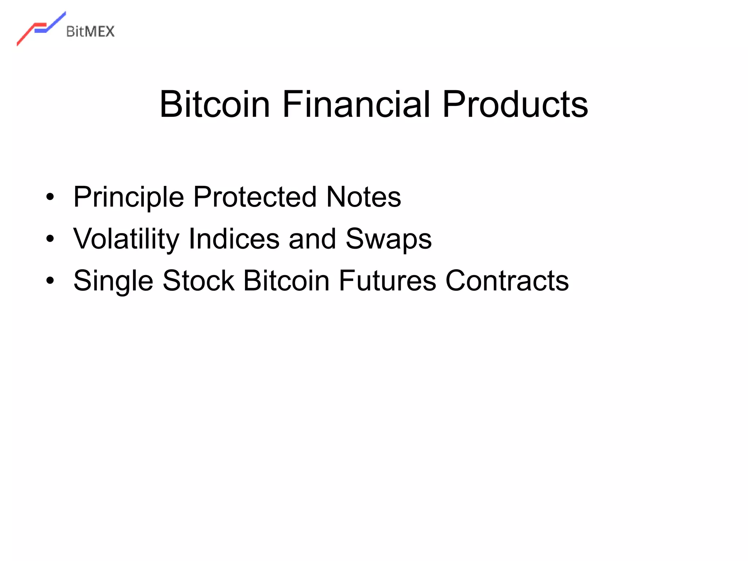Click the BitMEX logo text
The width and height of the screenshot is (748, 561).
[x=90, y=32]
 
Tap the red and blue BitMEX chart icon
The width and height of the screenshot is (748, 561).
[x=41, y=28]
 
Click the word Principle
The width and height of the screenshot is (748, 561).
[x=129, y=197]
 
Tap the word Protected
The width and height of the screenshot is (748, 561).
[x=255, y=197]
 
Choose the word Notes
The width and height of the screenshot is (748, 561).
[x=363, y=197]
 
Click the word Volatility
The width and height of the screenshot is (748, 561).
[x=126, y=239]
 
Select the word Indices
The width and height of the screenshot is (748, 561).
[x=234, y=239]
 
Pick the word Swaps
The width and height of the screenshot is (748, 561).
[x=389, y=239]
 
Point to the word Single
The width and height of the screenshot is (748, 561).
[x=113, y=281]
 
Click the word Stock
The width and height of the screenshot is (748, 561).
[x=198, y=281]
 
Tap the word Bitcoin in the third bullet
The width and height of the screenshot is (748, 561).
[x=286, y=281]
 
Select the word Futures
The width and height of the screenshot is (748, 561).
[x=388, y=281]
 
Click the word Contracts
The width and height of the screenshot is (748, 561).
[x=507, y=281]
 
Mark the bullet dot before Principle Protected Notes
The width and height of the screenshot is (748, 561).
[x=50, y=197]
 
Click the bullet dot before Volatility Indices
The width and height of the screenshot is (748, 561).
[x=50, y=239]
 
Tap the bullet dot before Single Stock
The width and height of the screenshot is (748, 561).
[x=50, y=281]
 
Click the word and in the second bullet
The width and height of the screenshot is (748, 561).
[x=312, y=239]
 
